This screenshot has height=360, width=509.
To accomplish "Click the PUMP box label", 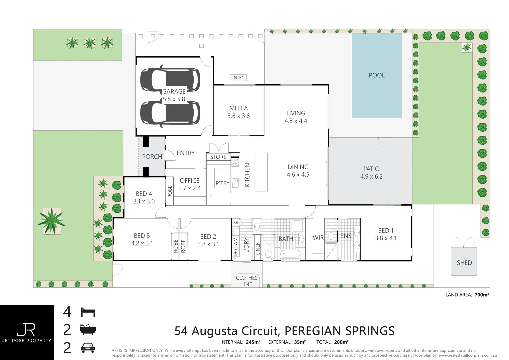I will coord(238,78).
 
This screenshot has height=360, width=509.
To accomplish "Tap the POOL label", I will coord(377,75).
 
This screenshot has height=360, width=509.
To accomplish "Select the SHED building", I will coord(464,262).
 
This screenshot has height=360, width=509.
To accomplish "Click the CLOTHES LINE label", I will coord(247,281).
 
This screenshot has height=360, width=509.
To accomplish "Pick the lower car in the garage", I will coord(170,114).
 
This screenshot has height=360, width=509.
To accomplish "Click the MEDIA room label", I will coord(239,108).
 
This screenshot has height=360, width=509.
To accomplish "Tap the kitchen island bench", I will coord(261,172).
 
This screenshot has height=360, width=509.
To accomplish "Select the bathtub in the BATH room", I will coord(290,254).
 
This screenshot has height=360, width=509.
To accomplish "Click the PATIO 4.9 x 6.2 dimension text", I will coord(371,177).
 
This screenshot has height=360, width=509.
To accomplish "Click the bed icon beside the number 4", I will coord(88,312).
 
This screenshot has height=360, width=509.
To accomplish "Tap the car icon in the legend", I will coord(88,348).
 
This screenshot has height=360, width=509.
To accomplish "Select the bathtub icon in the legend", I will coord(88,329).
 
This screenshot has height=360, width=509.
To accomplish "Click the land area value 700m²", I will coord(482,295).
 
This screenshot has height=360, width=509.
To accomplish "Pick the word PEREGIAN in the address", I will coord(313,331).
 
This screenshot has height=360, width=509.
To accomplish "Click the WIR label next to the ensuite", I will coord(318,238).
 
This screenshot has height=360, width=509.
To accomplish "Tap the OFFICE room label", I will coord(189,181).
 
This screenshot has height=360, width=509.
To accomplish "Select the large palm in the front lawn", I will coord(51,221).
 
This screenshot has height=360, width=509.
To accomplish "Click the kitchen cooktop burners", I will coord(235,162).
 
